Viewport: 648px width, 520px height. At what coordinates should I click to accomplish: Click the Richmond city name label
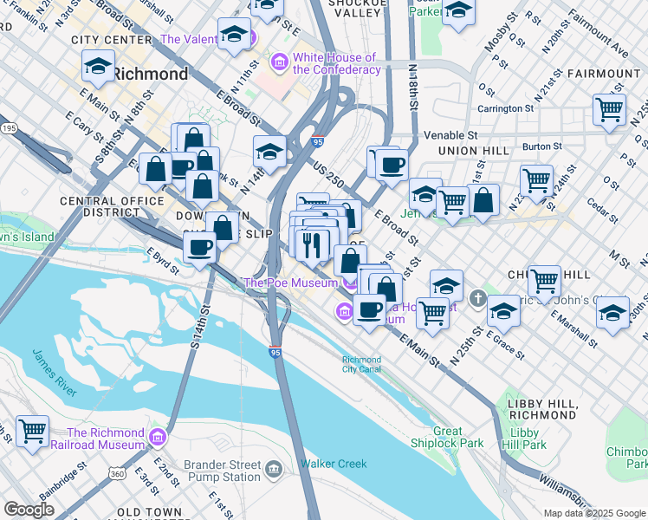tap(150, 74)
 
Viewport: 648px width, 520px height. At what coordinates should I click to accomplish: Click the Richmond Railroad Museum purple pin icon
tap(157, 434)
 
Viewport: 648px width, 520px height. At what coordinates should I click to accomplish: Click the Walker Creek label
tap(334, 464)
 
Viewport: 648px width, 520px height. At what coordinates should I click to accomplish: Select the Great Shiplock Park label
tap(459, 437)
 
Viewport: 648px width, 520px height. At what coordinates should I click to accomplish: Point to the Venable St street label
tap(450, 135)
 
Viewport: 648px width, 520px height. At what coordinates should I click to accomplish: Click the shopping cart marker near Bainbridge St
tap(32, 431)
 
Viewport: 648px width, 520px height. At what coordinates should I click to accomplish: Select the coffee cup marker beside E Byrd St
tap(200, 248)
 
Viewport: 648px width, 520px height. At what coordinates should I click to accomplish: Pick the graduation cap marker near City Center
tap(98, 66)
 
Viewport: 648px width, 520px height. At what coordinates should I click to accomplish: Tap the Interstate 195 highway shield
tap(7, 127)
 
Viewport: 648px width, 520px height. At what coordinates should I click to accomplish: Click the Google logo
tap(29, 510)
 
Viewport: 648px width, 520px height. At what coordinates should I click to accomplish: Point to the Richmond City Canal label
tap(361, 364)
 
